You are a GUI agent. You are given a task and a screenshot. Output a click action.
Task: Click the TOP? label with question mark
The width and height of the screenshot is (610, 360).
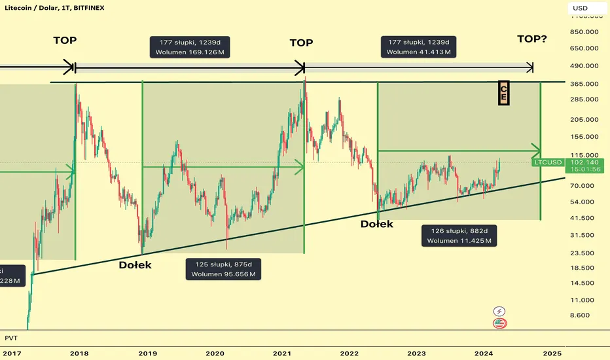point(531,39)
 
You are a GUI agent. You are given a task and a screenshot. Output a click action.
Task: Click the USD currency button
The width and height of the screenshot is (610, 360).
point(580,9)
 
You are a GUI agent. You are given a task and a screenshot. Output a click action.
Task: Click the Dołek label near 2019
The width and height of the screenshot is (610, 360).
point(135,265)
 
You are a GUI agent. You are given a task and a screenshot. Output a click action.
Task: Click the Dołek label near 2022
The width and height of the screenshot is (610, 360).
point(376,224)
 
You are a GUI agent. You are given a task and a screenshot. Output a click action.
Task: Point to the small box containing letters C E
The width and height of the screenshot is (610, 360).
point(503,92)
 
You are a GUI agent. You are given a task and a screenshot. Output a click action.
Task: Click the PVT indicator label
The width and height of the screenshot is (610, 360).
point(10,337)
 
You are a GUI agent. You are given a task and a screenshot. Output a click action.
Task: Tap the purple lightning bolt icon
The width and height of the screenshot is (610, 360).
point(500,312)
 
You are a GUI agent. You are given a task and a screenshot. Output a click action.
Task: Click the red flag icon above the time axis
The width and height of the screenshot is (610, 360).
point(500,323)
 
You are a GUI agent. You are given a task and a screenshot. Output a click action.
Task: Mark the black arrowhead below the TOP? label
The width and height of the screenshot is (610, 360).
point(530,67)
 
